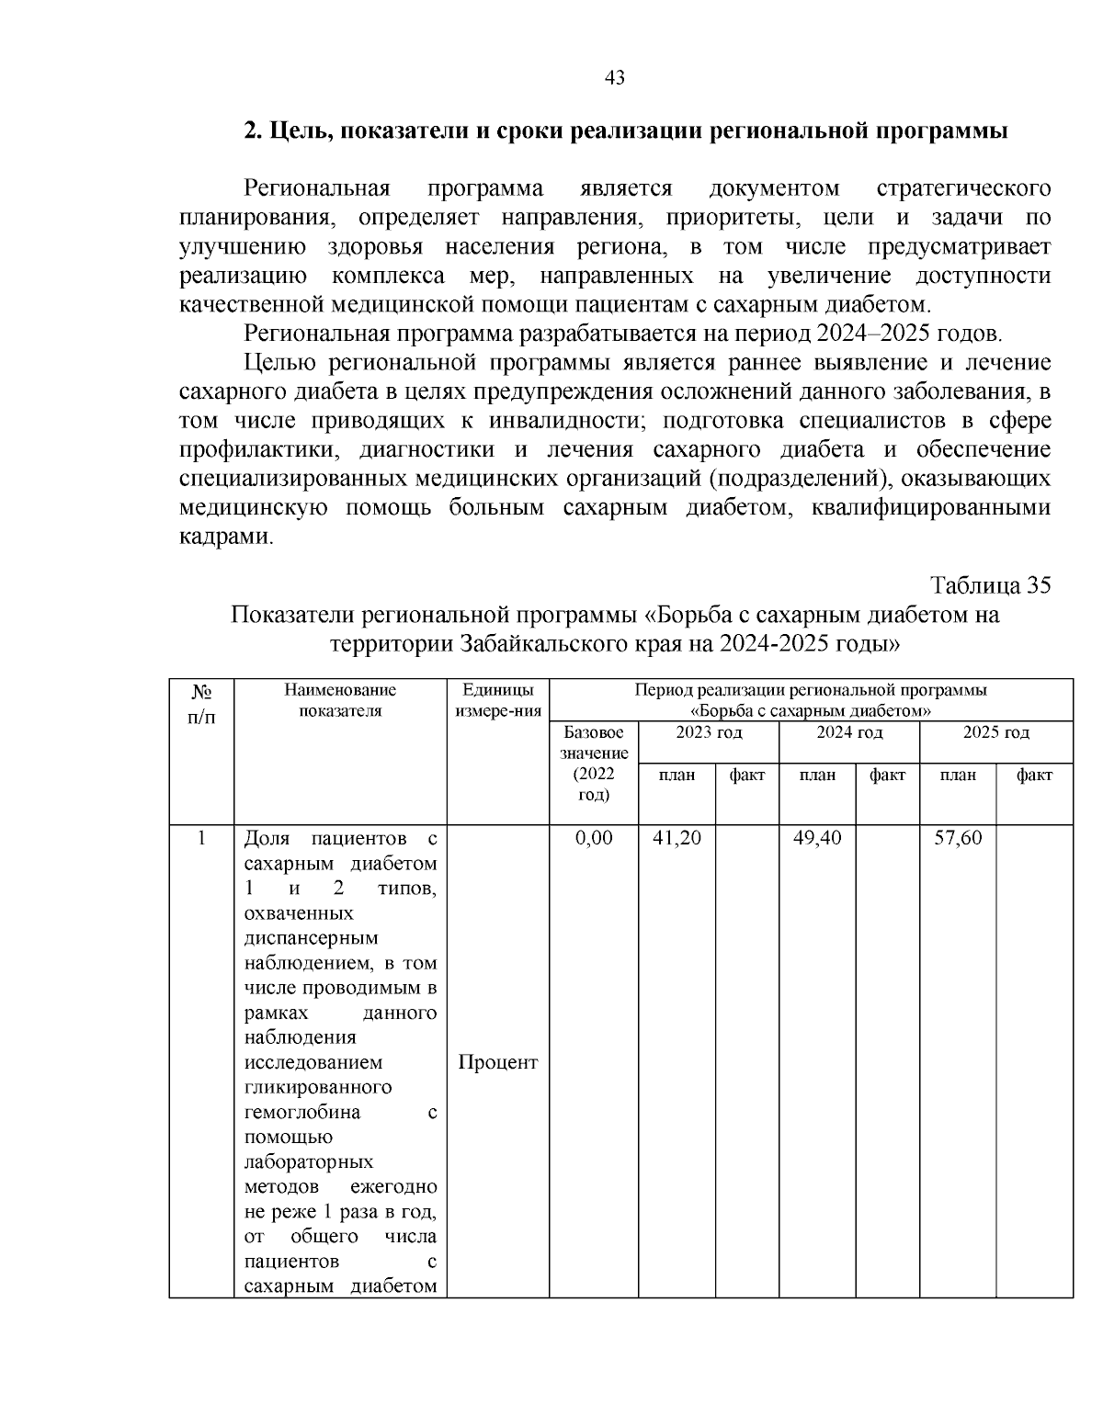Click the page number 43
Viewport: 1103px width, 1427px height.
[x=615, y=78]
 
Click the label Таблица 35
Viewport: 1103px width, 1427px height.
[x=990, y=585]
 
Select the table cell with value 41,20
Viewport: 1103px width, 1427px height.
[x=677, y=838]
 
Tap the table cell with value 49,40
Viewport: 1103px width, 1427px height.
[x=817, y=838]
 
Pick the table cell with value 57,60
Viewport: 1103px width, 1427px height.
[x=958, y=838]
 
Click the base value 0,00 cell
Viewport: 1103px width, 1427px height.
[x=593, y=838]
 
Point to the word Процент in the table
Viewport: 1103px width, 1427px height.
[x=497, y=1062]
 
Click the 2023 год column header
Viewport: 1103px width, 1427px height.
[x=709, y=732]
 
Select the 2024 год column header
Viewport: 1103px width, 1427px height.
[x=849, y=732]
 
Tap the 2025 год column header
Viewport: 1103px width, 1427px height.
[x=995, y=732]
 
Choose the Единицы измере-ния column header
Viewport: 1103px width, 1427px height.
[x=497, y=700]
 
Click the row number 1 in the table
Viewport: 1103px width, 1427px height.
[x=201, y=838]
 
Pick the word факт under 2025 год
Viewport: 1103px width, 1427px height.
[x=1034, y=776]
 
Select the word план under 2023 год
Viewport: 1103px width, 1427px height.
[x=677, y=776]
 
